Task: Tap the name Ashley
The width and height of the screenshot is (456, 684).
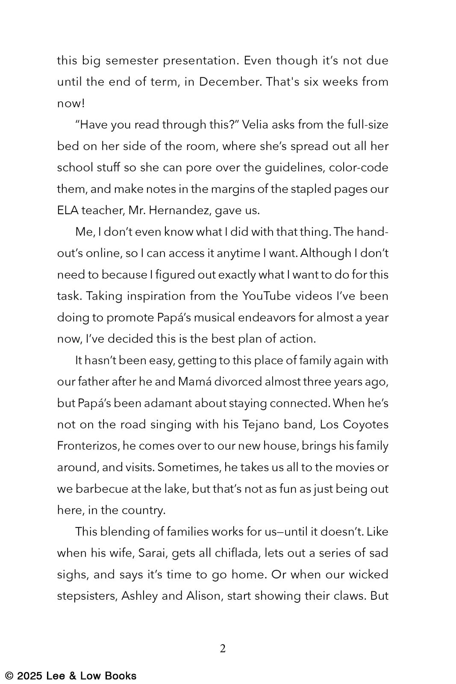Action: click(x=140, y=596)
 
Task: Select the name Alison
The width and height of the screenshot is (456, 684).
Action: click(x=204, y=596)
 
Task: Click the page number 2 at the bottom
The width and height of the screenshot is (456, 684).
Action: click(x=223, y=649)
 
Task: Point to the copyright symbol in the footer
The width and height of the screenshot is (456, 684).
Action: click(x=9, y=676)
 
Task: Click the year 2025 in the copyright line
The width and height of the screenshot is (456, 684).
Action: click(x=30, y=676)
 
